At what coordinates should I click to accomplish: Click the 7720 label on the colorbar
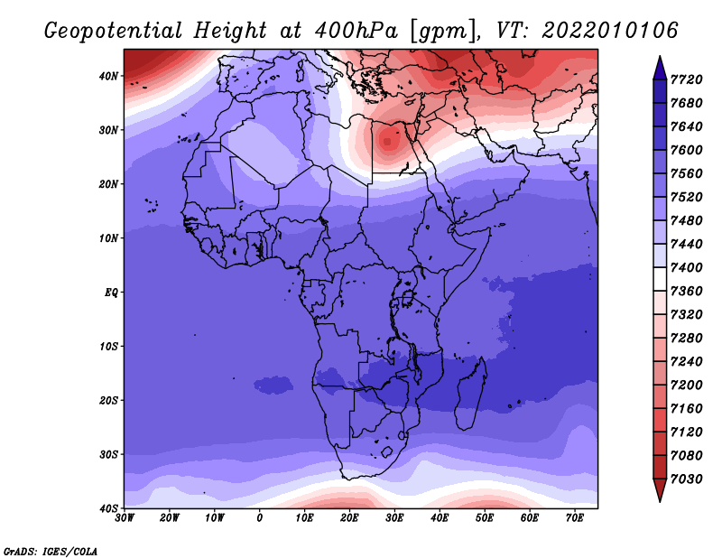[x=686, y=79]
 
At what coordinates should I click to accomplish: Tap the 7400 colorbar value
[x=686, y=267]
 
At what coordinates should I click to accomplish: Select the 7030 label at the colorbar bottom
[x=686, y=479]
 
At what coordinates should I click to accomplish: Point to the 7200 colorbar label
[x=686, y=385]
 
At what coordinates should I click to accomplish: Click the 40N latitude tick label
[x=108, y=76]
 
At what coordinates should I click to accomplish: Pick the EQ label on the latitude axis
[x=111, y=293]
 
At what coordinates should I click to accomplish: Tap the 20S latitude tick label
[x=108, y=400]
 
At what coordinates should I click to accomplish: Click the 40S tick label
[x=108, y=508]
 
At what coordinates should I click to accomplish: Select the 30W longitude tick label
[x=125, y=518]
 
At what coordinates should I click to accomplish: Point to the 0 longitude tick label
[x=260, y=518]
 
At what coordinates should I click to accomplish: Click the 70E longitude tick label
[x=575, y=518]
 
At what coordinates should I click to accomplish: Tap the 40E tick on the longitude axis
[x=440, y=518]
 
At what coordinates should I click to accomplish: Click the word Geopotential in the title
[x=114, y=31]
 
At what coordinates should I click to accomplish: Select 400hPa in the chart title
[x=356, y=31]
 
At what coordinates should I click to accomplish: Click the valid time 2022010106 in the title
[x=610, y=31]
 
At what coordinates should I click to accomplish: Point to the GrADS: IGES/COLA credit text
[x=51, y=551]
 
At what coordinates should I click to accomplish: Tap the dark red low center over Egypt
[x=388, y=141]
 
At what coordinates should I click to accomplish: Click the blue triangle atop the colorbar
[x=660, y=68]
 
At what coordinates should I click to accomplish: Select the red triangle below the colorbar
[x=660, y=490]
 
